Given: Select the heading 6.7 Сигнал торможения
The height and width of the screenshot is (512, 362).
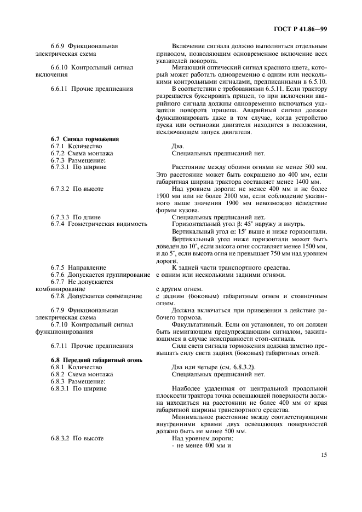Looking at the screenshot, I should (x=84, y=139).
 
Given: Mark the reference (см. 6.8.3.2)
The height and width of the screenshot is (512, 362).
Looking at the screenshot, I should (x=231, y=367).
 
